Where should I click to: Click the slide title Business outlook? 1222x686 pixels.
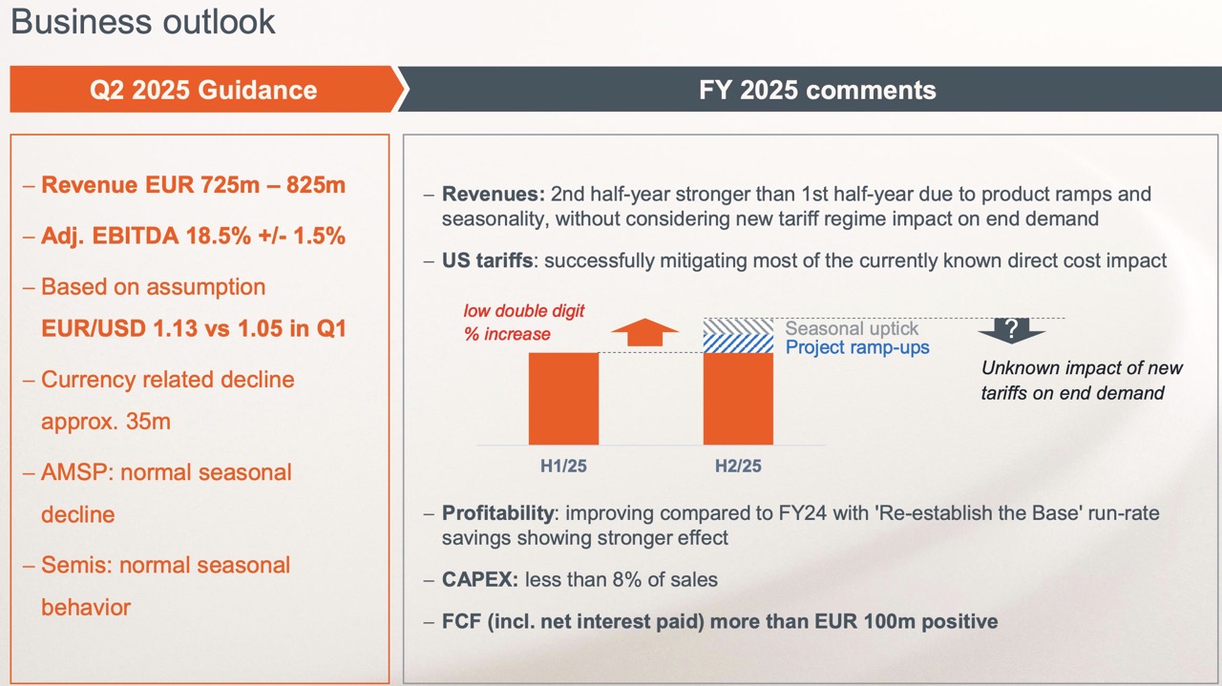click(x=143, y=21)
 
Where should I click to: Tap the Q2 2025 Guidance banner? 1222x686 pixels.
click(x=203, y=90)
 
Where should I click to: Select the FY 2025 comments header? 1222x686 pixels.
click(x=817, y=90)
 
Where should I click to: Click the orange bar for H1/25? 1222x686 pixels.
click(x=563, y=399)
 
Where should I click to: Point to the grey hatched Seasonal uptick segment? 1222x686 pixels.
click(x=738, y=325)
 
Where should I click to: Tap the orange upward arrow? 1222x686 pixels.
click(x=644, y=331)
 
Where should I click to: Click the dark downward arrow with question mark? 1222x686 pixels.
click(x=1011, y=330)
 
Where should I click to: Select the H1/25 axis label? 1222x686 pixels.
click(x=563, y=467)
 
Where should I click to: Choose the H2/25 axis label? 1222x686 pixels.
click(x=738, y=467)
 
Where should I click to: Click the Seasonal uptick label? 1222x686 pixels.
click(x=852, y=329)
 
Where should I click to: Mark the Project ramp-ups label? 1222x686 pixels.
click(x=857, y=347)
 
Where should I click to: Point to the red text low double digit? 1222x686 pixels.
click(x=524, y=311)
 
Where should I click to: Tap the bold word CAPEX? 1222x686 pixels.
click(x=480, y=579)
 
